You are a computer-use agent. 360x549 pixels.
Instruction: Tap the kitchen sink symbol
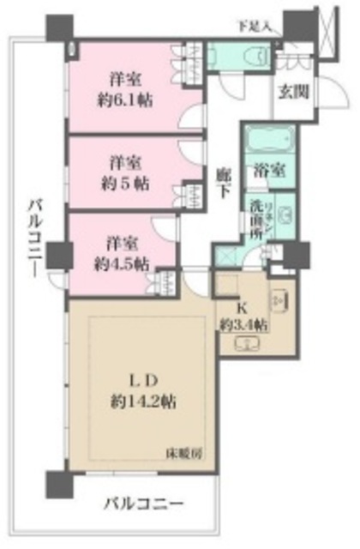[279, 302]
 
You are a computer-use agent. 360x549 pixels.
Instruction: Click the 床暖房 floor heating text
[190, 452]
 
